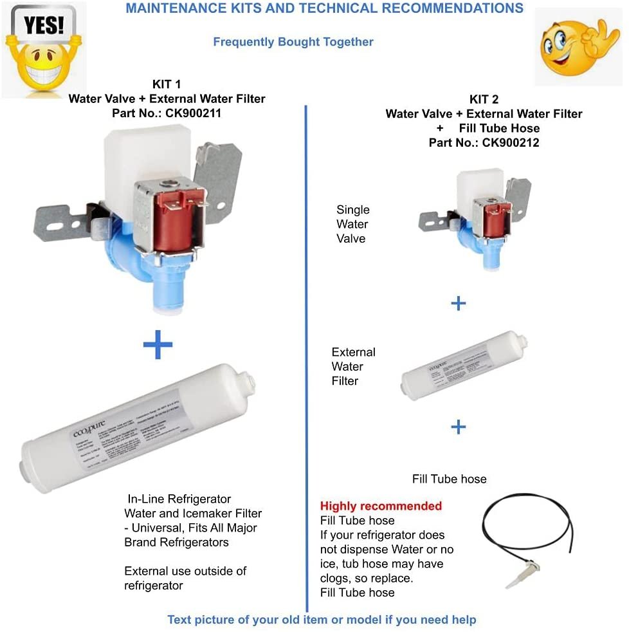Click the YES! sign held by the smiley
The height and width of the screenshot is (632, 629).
pos(43,25)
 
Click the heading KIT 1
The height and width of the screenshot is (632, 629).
pos(167,84)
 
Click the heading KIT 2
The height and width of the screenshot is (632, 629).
pos(484,100)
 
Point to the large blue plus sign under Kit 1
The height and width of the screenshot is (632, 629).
pos(158,345)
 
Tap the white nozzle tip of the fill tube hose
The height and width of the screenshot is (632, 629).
pos(518,579)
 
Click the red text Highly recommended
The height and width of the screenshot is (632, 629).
pos(381,506)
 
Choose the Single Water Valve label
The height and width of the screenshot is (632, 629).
pos(352,224)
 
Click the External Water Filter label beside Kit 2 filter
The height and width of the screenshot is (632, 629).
pos(353,366)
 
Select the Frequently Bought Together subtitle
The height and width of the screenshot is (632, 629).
pos(293,42)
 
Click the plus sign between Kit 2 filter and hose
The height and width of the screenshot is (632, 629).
pos(458,426)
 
